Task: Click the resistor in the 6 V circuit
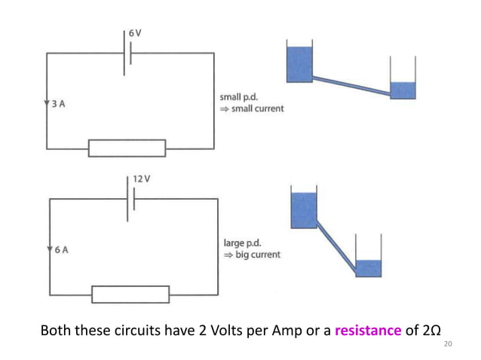[x=127, y=148]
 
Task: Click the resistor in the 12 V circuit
[x=130, y=294]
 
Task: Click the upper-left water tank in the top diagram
[x=299, y=63]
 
